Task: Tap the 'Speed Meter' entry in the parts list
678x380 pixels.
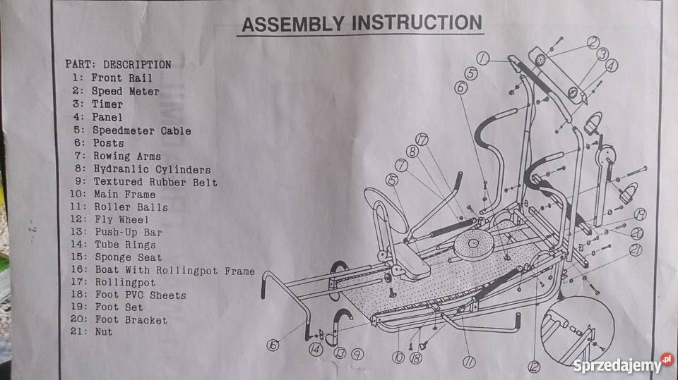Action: [124, 91]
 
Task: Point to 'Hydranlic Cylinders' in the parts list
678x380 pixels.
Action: [151, 169]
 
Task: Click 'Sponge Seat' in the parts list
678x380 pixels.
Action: [127, 257]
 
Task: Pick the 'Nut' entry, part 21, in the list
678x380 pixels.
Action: [102, 332]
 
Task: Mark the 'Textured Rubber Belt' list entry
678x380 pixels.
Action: [155, 183]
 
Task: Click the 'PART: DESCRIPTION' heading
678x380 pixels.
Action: [118, 64]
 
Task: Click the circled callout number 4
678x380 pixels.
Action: [611, 64]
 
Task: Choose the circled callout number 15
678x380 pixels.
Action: [392, 180]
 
